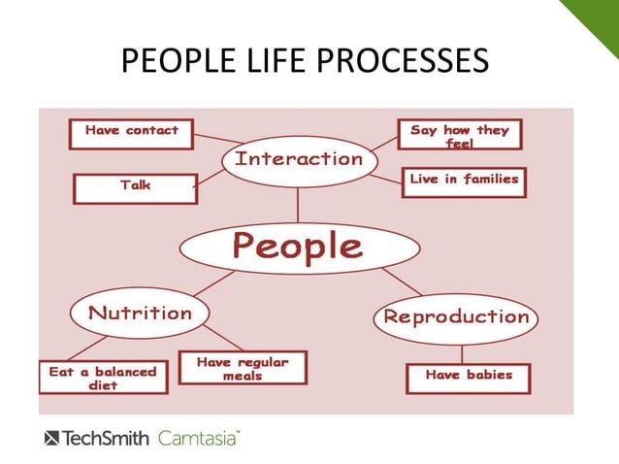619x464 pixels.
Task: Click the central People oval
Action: tap(297, 247)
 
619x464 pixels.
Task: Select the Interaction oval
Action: tap(298, 159)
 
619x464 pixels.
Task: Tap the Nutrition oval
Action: tap(140, 313)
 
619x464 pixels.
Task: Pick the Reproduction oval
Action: tap(456, 316)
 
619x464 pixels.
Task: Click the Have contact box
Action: tap(131, 133)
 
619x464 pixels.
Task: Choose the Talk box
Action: tap(135, 186)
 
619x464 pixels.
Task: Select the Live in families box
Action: tap(464, 180)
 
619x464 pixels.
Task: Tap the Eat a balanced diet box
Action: tap(103, 378)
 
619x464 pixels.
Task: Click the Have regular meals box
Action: tap(243, 368)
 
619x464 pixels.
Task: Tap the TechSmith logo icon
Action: tap(51, 438)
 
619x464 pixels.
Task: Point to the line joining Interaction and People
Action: tap(298, 205)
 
